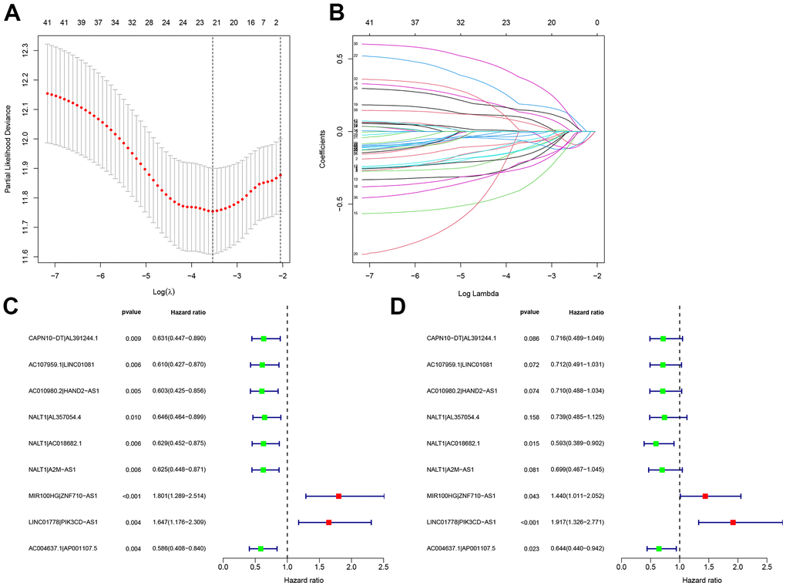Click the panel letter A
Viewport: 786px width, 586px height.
(x=13, y=13)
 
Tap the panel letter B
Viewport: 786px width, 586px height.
(x=336, y=13)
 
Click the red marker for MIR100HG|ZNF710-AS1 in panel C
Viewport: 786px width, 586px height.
(x=338, y=497)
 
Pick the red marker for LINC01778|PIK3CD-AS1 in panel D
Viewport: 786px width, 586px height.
(x=733, y=523)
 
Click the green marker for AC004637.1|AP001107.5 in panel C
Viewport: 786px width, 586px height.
(x=260, y=549)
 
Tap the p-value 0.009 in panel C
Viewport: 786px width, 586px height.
(x=133, y=338)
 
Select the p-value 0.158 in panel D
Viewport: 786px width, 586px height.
(x=529, y=417)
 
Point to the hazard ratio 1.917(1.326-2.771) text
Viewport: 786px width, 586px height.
(x=575, y=523)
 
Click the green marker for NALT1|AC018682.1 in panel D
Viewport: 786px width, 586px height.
(x=656, y=443)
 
